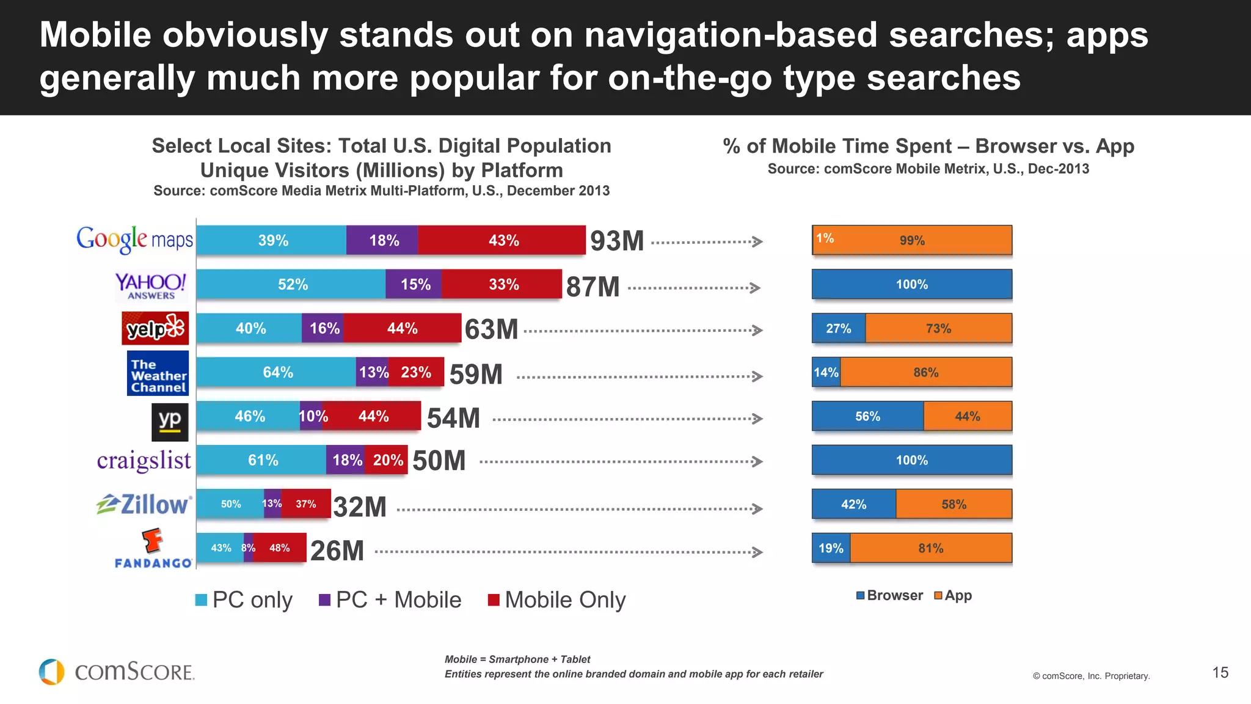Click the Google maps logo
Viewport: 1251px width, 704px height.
[x=134, y=240]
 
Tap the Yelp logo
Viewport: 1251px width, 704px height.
[x=155, y=328]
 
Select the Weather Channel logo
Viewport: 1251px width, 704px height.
[x=158, y=373]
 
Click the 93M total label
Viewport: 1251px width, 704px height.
[x=617, y=241]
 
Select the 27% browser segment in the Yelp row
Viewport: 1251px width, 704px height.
[x=838, y=328]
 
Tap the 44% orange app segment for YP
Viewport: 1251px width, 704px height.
[x=968, y=416]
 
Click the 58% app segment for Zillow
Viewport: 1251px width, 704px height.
[x=954, y=504]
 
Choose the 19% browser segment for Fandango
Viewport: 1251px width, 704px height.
[x=831, y=548]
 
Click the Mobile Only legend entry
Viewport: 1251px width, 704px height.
[x=557, y=600]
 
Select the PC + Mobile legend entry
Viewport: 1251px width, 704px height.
[x=390, y=600]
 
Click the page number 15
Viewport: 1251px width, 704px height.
[x=1220, y=673]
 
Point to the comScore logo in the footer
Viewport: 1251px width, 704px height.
[x=117, y=672]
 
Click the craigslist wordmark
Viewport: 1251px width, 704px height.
[x=144, y=460]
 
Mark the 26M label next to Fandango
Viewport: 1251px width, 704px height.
[x=337, y=551]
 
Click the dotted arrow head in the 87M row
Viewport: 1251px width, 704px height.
[x=756, y=288]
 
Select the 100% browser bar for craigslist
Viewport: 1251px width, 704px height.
[x=911, y=460]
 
